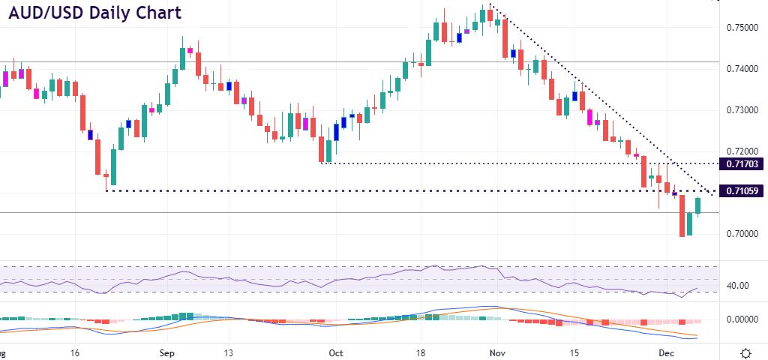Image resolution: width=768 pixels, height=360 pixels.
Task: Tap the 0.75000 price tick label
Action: click(742, 28)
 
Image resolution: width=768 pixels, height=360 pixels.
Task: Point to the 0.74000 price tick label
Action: click(742, 69)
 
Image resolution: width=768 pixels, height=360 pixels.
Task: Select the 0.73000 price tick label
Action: click(742, 110)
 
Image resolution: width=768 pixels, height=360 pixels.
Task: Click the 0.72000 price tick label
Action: click(742, 151)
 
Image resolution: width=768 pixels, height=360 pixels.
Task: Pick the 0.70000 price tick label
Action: click(742, 235)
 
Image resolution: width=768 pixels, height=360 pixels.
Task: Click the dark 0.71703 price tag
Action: click(741, 163)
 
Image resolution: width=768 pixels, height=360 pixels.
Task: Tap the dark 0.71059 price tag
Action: click(741, 191)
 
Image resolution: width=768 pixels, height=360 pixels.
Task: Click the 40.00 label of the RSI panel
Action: click(738, 286)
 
